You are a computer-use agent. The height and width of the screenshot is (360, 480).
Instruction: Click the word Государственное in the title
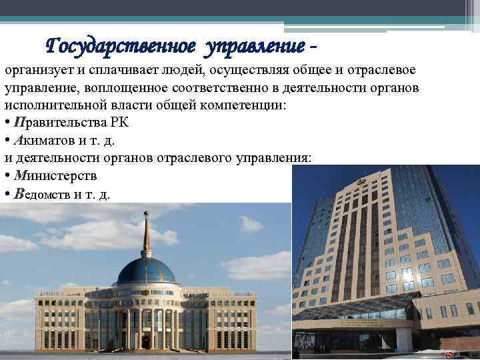121,46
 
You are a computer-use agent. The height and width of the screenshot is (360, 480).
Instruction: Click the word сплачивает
119,71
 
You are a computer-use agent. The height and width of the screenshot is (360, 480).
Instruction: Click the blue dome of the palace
146,271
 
